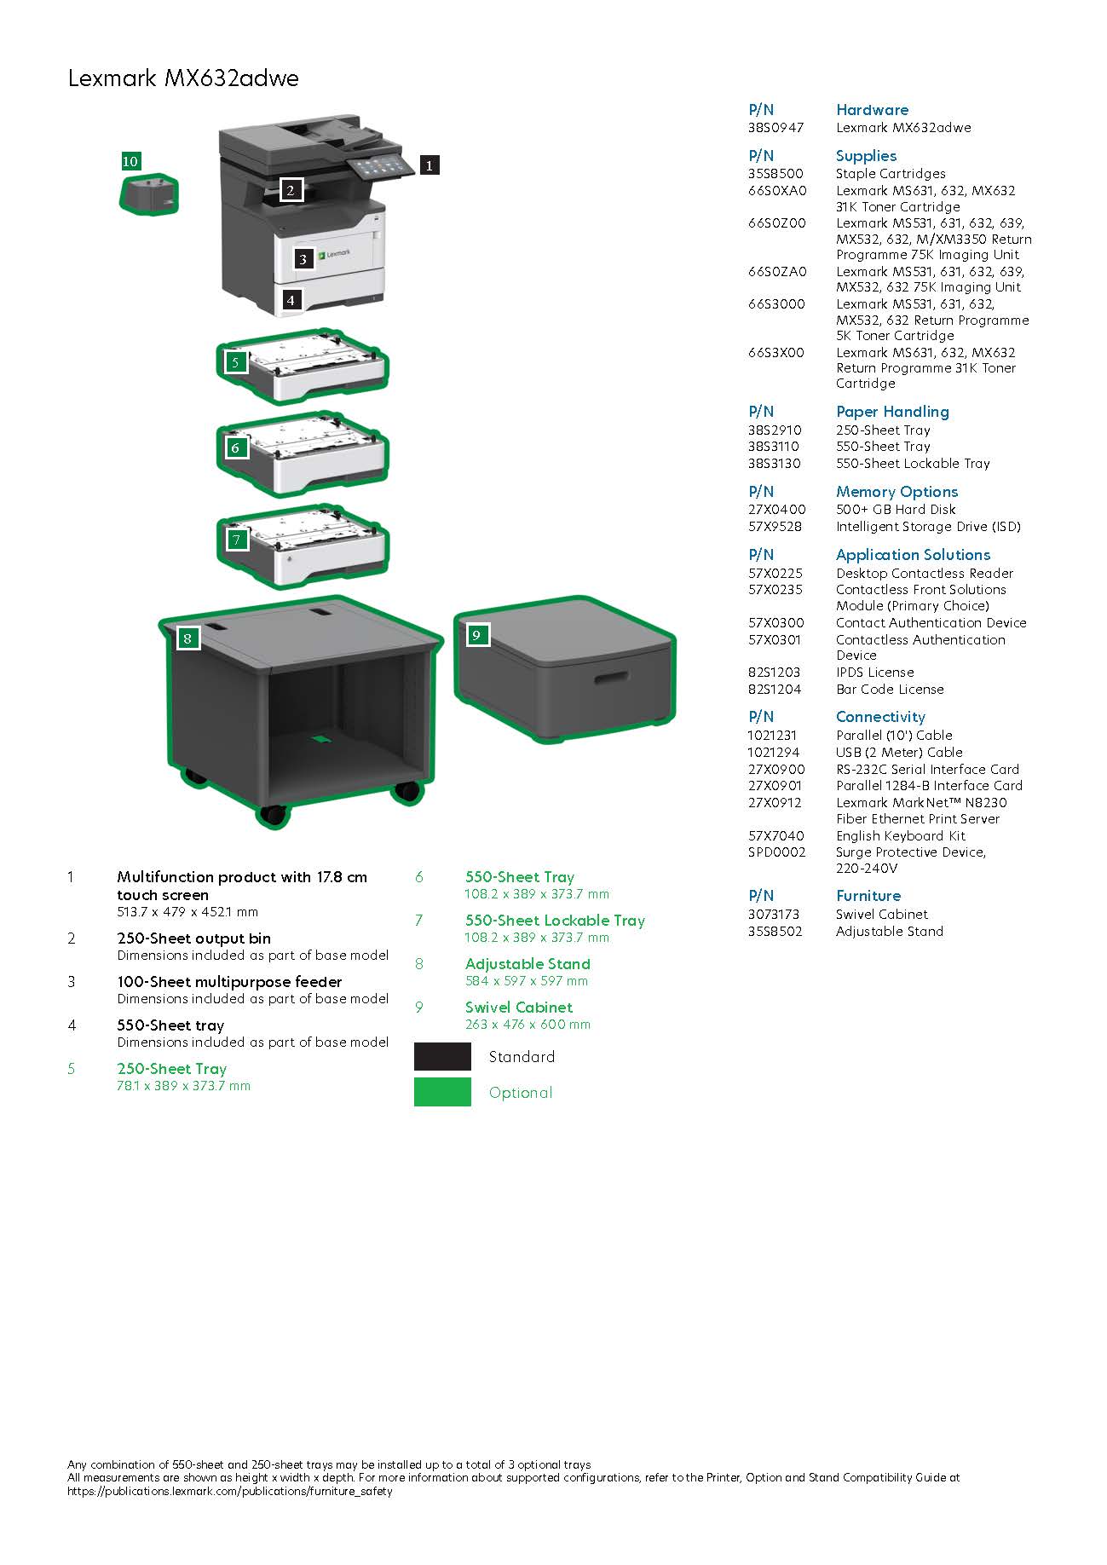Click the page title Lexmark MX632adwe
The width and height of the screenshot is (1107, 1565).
pos(183,79)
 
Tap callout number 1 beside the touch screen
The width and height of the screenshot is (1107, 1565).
pos(430,165)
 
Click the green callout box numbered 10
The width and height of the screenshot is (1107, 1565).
pos(130,161)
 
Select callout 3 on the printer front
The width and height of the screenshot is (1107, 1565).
pos(303,258)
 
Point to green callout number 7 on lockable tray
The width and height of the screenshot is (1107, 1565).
pos(236,539)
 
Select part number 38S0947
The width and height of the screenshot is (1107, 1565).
pos(775,128)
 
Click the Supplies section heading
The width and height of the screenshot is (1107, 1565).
pos(866,156)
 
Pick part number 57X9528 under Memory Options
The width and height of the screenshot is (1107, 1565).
pos(775,527)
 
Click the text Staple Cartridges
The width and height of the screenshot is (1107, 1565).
pos(891,174)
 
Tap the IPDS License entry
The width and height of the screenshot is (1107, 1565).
pos(874,673)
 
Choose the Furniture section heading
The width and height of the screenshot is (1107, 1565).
pos(868,896)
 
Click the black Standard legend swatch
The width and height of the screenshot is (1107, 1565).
pos(442,1056)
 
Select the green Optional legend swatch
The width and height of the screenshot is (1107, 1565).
pos(442,1092)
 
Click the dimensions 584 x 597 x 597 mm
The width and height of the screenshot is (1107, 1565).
pos(526,981)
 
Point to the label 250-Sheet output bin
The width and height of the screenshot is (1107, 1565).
pos(193,938)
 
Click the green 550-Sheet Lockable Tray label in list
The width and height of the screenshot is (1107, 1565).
pos(555,921)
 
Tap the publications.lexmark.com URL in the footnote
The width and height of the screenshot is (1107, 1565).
pos(230,1492)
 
